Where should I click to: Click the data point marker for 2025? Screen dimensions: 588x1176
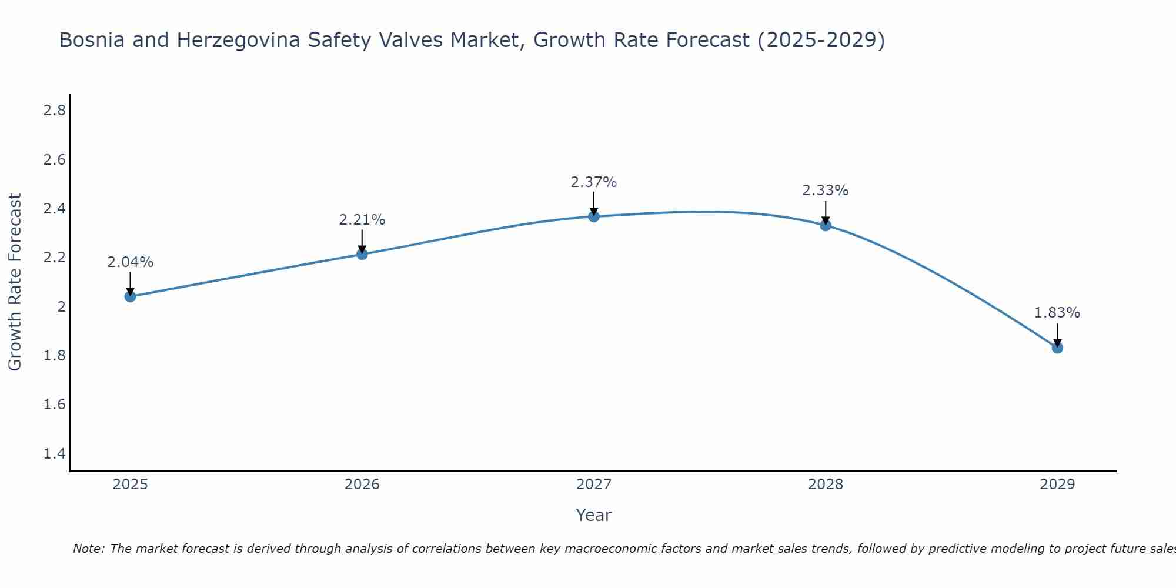[130, 296]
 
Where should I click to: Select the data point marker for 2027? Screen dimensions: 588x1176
[594, 216]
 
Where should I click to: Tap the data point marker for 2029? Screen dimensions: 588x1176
[1057, 348]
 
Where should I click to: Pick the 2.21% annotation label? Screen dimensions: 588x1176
[362, 220]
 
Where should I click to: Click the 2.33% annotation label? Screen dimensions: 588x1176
[826, 191]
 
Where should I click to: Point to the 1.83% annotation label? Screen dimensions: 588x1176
[1057, 313]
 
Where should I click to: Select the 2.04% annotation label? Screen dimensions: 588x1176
[130, 262]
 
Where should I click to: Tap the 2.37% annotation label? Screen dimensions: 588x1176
[594, 182]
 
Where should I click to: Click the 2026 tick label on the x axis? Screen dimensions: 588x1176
[362, 485]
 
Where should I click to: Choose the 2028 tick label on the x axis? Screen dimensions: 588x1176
[826, 485]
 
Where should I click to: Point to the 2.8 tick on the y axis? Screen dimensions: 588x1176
[55, 111]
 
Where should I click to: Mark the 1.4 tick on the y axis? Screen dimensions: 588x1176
[55, 453]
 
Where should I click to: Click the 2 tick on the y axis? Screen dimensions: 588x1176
[61, 306]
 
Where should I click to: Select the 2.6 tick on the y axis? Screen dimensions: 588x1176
[55, 160]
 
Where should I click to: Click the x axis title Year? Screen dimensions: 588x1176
[594, 515]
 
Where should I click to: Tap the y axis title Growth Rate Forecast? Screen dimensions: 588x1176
[15, 282]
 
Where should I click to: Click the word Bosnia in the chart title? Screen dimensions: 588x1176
[92, 40]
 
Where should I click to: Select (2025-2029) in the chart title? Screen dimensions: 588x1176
[821, 40]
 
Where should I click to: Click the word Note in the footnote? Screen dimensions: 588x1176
[88, 549]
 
